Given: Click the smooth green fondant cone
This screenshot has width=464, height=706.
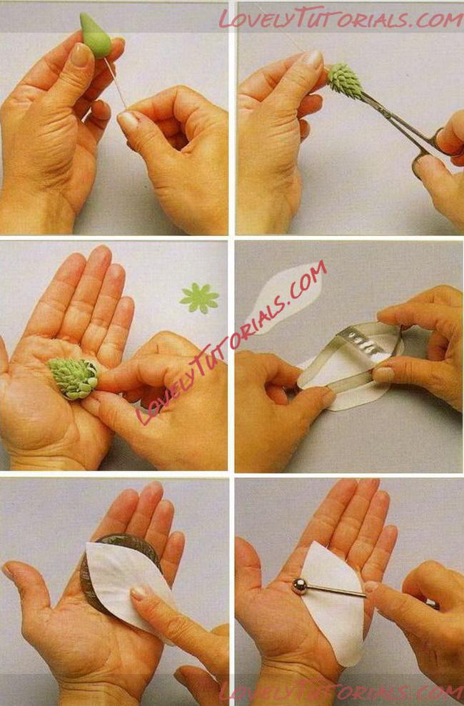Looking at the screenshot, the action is pos(96,36).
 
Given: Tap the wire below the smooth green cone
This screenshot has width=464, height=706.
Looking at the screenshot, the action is pos(116,85).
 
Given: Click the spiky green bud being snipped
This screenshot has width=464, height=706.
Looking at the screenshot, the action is pos(344,81).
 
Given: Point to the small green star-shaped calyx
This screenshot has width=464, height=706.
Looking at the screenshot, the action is pos(199,298).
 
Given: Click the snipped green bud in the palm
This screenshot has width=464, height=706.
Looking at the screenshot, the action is pos(73,378).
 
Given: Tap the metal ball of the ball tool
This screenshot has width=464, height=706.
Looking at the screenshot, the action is pos(299,585).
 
